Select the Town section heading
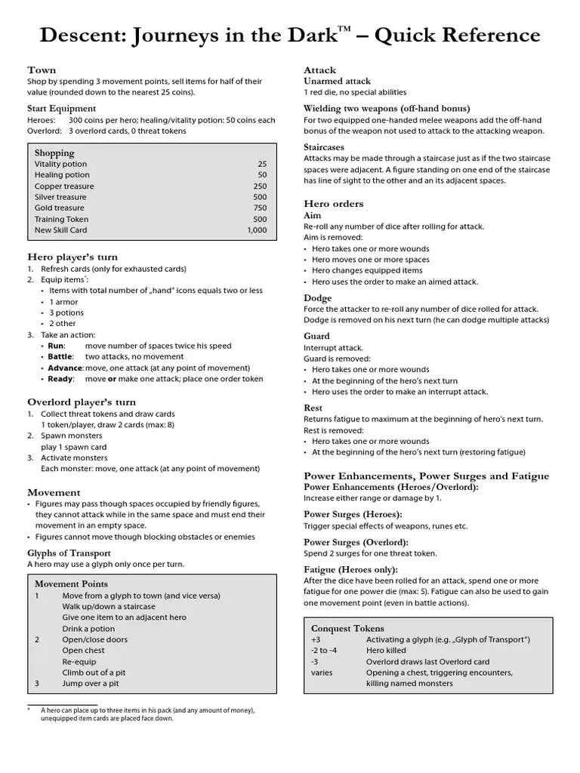pyautogui.click(x=42, y=70)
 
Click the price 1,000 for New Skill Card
pyautogui.click(x=257, y=230)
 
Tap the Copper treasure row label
pyautogui.click(x=64, y=186)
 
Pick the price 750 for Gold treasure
pyautogui.click(x=260, y=208)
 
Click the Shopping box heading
pyautogui.click(x=54, y=152)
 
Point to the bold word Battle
pyautogui.click(x=60, y=356)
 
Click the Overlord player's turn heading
pyautogui.click(x=82, y=402)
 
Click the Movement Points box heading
pyautogui.click(x=71, y=584)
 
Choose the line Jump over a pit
pyautogui.click(x=91, y=684)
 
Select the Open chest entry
pyautogui.click(x=83, y=651)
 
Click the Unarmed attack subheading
pyautogui.click(x=337, y=81)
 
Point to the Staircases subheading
pyautogui.click(x=324, y=147)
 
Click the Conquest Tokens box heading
pyautogui.click(x=347, y=628)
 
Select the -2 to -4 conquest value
pyautogui.click(x=324, y=651)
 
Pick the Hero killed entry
pyautogui.click(x=386, y=651)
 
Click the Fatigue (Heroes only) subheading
pyautogui.click(x=350, y=570)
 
